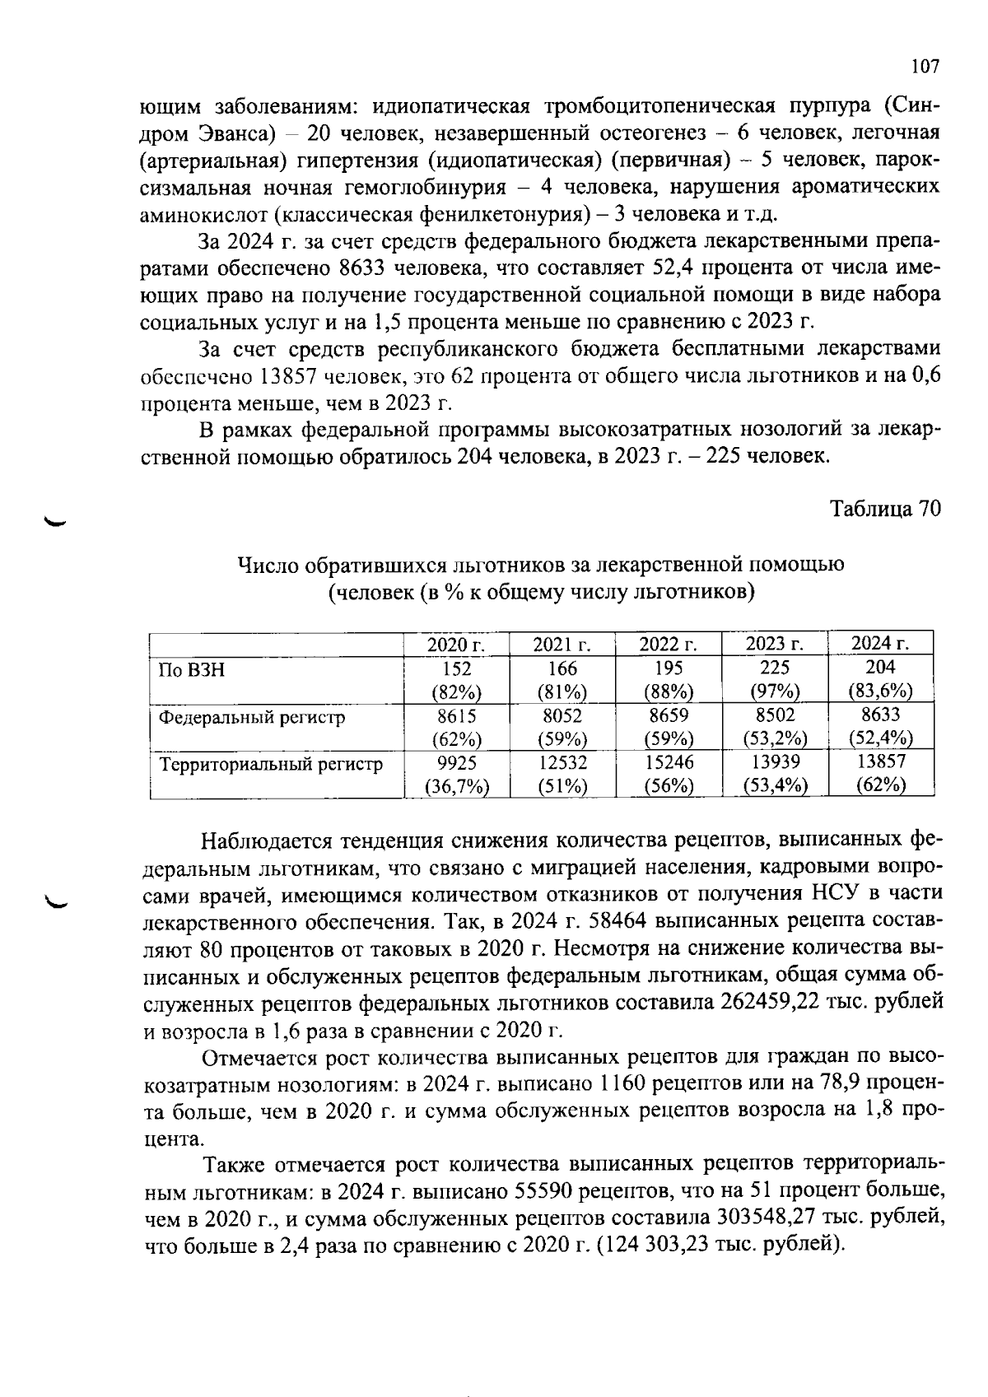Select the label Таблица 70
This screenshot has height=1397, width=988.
[883, 509]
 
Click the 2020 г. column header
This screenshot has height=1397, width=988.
[456, 645]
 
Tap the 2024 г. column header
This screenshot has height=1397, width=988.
[880, 643]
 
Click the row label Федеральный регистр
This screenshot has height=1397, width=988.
[251, 717]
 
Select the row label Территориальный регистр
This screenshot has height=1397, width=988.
[270, 764]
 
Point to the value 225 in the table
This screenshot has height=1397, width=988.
[775, 667]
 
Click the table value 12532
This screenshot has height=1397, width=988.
[562, 762]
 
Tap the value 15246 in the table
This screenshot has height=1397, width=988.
[669, 762]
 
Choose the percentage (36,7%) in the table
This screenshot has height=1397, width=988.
[456, 786]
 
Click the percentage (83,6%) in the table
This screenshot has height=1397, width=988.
[880, 690]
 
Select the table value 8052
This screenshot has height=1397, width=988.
[562, 715]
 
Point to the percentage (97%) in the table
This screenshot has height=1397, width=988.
[775, 690]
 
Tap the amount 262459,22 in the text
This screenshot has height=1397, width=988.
[781, 1003]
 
